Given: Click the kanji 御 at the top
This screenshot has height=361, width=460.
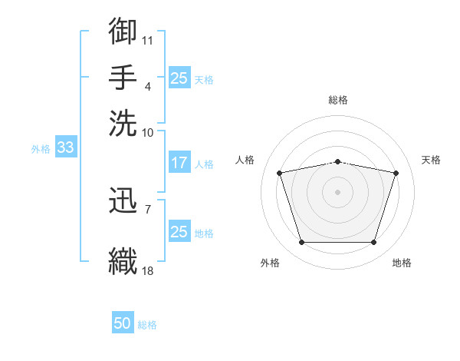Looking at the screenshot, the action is tap(123, 31).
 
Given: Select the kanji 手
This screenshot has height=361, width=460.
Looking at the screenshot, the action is tap(123, 77).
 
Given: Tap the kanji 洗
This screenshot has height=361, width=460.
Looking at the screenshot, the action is tap(123, 123).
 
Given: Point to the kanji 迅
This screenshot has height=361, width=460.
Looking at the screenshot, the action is tap(123, 200).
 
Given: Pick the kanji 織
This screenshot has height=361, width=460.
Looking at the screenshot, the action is tap(123, 261).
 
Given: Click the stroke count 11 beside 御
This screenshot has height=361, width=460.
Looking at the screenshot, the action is tap(147, 41).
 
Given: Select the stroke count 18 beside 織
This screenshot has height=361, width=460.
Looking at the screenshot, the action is tap(147, 270).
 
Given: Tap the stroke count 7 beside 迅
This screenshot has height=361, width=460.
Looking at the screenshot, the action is tap(148, 210).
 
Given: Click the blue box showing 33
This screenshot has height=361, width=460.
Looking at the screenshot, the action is tap(66, 147).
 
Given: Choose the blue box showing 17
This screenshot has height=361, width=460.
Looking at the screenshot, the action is tap(179, 162).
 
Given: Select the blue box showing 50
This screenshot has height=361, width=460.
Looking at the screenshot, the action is tap(123, 322).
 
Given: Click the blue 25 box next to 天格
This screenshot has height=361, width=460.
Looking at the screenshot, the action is tap(179, 78).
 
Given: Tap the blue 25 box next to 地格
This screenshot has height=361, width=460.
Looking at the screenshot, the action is tap(179, 230).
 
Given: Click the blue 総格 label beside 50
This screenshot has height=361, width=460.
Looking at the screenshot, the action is tap(147, 325).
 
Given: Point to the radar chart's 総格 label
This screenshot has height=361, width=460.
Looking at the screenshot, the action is tap(338, 100).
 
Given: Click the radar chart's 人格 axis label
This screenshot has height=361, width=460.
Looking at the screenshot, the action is tap(245, 160).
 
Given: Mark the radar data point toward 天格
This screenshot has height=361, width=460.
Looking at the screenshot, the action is tap(396, 173).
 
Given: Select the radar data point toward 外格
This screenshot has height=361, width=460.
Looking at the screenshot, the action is tap(302, 242).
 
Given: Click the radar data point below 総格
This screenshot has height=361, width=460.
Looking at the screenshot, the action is tap(337, 162).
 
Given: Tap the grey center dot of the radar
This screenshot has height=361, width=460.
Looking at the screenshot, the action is tap(337, 192).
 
